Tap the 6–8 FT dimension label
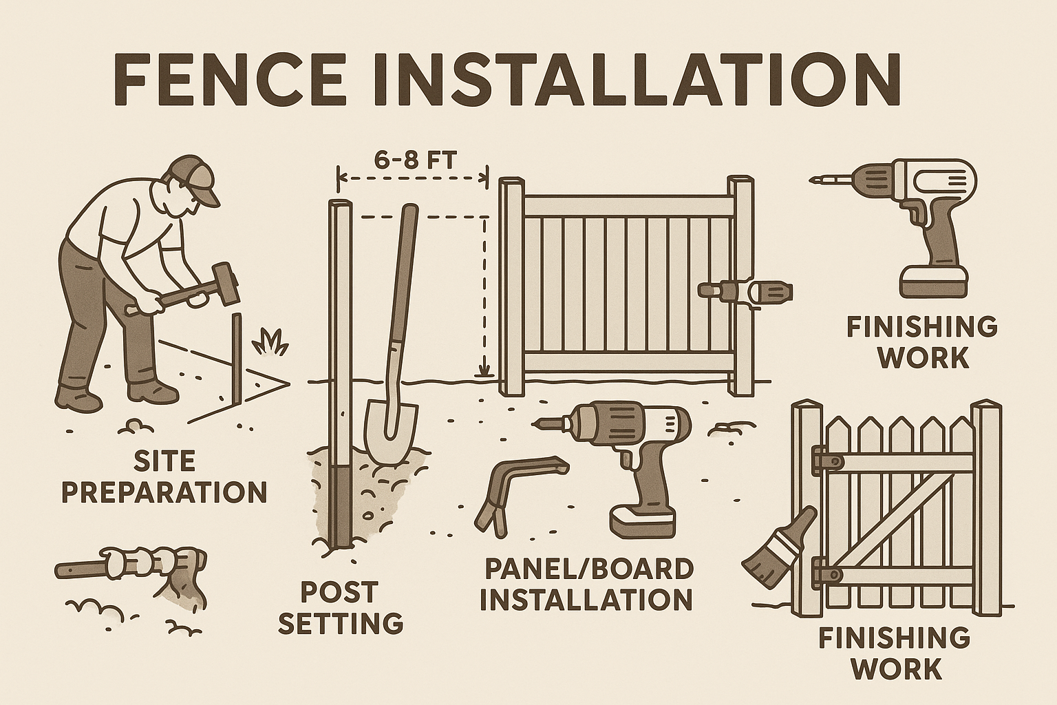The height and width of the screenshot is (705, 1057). click(415, 161)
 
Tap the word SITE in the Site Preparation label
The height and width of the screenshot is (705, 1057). click(164, 461)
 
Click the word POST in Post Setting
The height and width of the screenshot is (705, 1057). click(340, 592)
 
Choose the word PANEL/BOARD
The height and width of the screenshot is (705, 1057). click(589, 569)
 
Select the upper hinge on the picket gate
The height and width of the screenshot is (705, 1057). click(826, 460)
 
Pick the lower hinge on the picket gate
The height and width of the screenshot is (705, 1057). click(827, 574)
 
